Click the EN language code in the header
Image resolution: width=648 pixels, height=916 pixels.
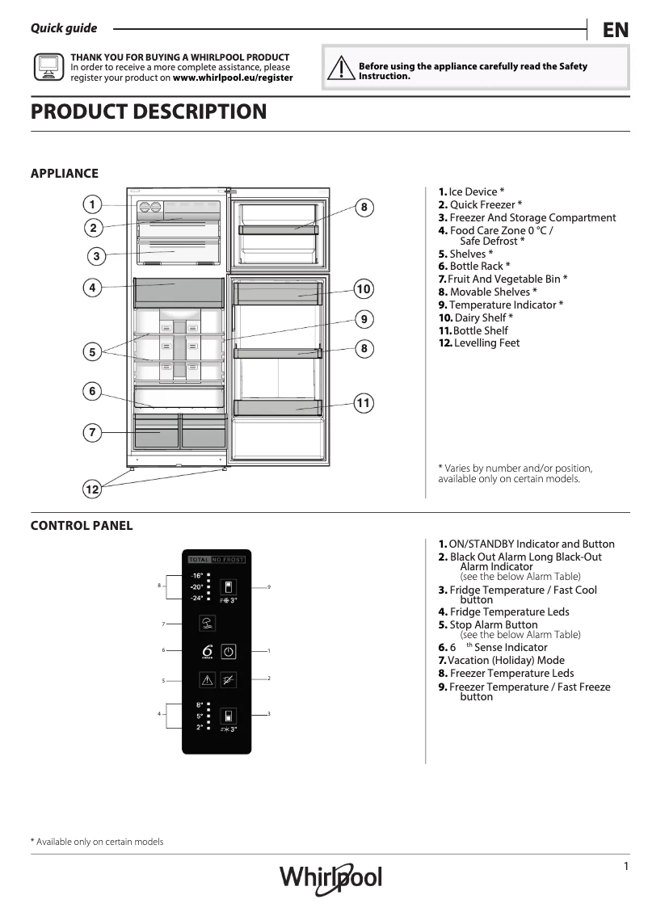(615, 30)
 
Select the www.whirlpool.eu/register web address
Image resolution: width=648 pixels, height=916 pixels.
(233, 78)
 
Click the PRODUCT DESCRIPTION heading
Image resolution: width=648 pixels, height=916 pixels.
(149, 111)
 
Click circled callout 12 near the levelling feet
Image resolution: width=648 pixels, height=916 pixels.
(92, 489)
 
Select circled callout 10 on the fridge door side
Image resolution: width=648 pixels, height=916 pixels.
(364, 289)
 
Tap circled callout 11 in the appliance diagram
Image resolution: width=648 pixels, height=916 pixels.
(364, 402)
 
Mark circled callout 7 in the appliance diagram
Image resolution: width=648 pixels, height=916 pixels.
(92, 433)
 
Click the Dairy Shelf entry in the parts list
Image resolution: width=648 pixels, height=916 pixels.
(476, 317)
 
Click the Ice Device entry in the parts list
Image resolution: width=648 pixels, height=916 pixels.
(472, 191)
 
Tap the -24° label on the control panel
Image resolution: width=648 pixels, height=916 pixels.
(197, 599)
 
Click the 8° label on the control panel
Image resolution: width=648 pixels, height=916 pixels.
(199, 705)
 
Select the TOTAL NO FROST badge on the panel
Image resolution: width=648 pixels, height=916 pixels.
(216, 559)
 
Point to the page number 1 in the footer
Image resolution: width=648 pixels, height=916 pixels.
(625, 867)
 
